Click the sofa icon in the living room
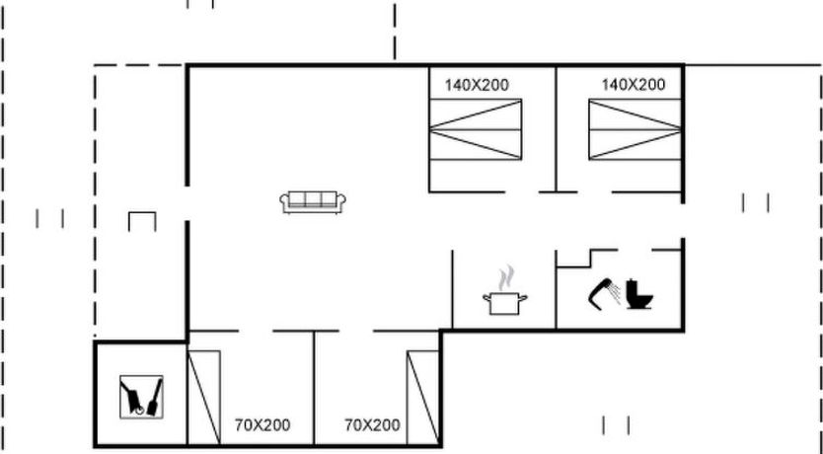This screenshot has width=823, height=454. coord(313,202)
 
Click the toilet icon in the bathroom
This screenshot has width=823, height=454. coord(638,294)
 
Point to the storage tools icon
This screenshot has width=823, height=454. coord(141,397)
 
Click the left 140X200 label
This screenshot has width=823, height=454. coord(477,85)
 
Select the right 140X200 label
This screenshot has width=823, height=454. coord(633,85)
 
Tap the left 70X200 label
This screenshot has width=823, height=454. coord(262,425)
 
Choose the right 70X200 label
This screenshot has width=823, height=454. coord(372,424)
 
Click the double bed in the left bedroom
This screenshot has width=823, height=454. coord(476,129)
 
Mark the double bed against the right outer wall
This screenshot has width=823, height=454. coord(635,129)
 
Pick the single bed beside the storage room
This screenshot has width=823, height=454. coord(203,398)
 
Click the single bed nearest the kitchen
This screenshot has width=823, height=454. coord(423,398)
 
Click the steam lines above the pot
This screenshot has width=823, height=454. coord(506,278)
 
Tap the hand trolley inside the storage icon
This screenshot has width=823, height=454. coord(132,399)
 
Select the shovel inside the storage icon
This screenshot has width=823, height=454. coord(155,398)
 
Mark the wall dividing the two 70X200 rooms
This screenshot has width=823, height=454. coord(314,388)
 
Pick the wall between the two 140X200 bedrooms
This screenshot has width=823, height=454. coord(556,129)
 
